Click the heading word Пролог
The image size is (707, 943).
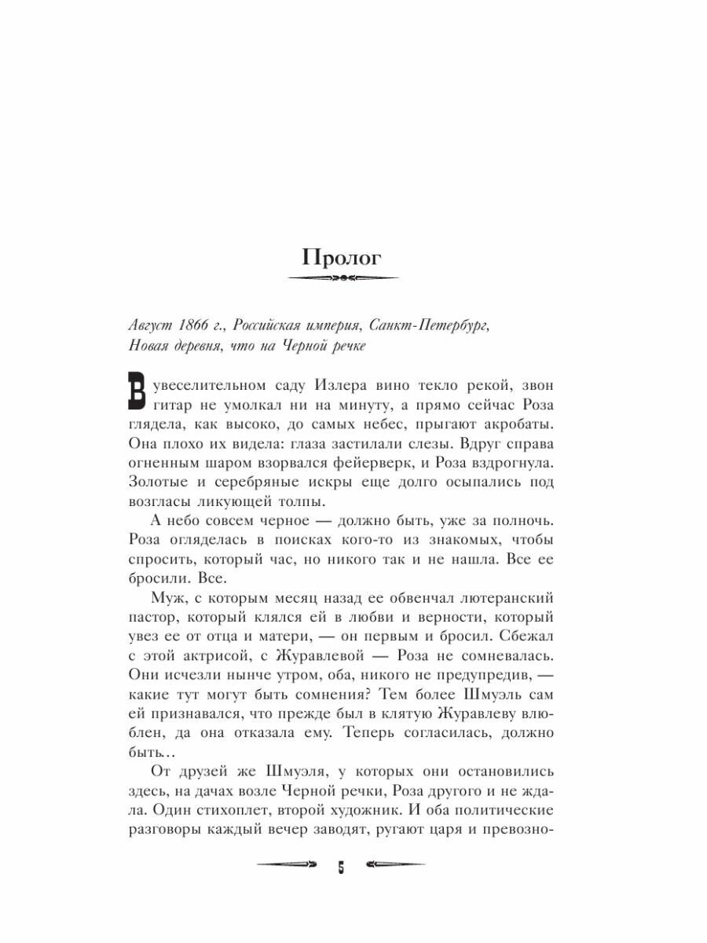342,257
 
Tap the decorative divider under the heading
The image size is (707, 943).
343,278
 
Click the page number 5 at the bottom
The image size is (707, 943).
342,869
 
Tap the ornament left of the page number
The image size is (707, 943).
286,869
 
